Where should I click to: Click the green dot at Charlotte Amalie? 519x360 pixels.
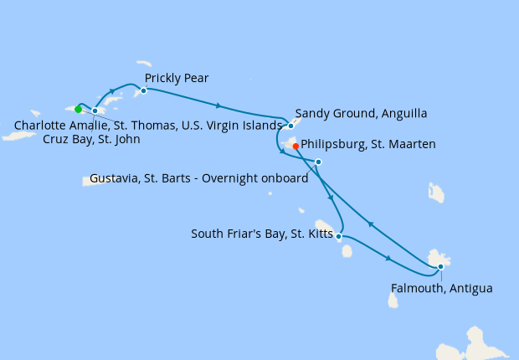pos(78,109)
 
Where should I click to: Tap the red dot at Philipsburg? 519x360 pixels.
pos(295,147)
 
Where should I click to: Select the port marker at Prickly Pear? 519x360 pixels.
pos(144,90)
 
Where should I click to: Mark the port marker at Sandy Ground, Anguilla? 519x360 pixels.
pos(290,126)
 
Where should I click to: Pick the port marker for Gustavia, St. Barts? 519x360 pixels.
pos(319,162)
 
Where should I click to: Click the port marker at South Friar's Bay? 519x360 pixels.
pos(339,237)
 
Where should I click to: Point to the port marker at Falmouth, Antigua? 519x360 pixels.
pos(440,267)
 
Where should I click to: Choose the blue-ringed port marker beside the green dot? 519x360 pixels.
pos(95,111)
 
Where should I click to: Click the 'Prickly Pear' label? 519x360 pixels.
pos(177,79)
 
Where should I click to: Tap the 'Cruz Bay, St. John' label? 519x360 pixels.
pos(91,140)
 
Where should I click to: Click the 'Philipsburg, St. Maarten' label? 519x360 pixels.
pos(368,145)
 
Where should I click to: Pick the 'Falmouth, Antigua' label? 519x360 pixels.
pos(442,289)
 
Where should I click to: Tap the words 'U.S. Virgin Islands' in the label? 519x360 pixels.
pos(232,126)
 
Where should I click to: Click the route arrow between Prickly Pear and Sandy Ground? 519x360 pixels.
pos(218,105)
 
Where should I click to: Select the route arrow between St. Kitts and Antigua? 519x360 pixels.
pos(388,260)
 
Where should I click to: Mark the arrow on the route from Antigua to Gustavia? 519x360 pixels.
pos(369,224)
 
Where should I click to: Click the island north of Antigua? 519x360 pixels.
pos(436,193)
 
